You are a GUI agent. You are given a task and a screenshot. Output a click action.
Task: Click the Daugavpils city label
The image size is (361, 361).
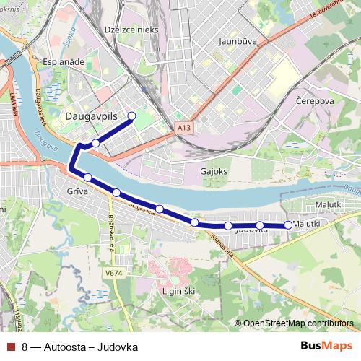tap(91, 116)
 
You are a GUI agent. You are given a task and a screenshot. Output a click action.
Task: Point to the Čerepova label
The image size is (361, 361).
tap(315, 102)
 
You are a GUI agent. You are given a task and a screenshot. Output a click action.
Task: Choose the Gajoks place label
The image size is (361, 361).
tap(214, 172)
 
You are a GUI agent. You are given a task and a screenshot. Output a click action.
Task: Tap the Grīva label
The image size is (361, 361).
tap(77, 193)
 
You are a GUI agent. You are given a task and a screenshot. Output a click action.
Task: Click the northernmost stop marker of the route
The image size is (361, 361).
tap(131, 116)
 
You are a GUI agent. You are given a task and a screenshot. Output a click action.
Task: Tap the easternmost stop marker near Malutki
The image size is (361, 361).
tap(288, 225)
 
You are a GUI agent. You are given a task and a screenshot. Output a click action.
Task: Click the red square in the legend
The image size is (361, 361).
tap(10, 347)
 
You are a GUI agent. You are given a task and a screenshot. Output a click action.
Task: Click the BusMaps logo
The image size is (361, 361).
tap(326, 346)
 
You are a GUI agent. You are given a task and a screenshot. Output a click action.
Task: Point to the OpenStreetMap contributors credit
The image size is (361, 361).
tap(297, 323)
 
